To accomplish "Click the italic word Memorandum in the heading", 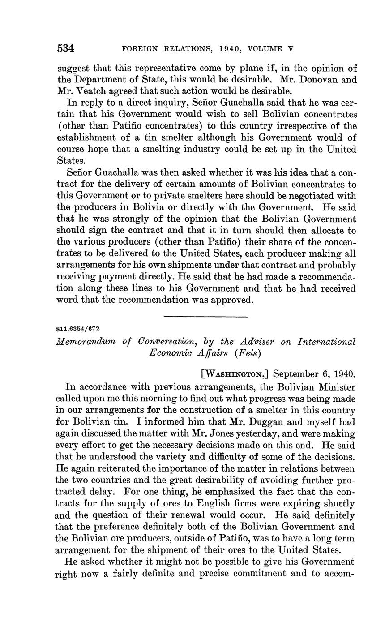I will pos(84,342).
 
